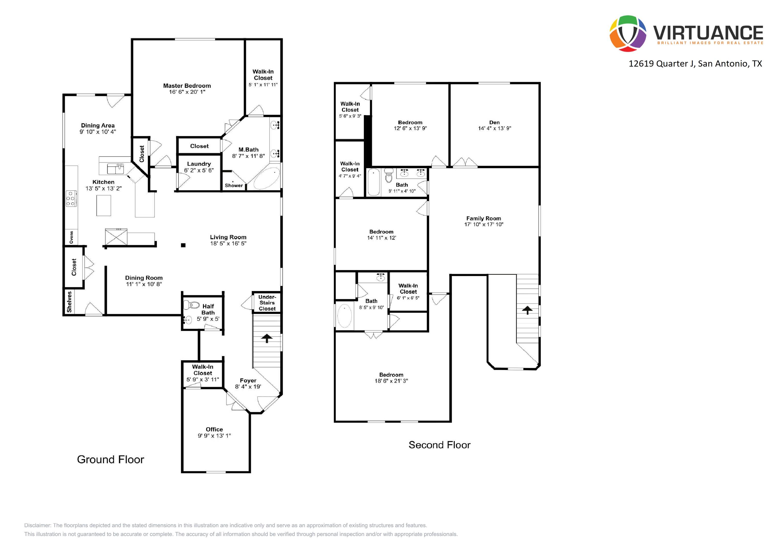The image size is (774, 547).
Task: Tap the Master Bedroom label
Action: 187,86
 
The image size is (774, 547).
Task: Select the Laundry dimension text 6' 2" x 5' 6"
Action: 199,170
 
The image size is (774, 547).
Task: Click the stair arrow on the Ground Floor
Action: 267,338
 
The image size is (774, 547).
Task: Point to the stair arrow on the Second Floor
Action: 527,310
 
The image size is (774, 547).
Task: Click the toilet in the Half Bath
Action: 191,305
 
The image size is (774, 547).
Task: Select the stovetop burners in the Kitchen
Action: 71,199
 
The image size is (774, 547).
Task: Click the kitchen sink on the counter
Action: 115,168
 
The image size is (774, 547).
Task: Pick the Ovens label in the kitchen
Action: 71,237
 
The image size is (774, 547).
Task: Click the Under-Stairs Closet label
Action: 267,303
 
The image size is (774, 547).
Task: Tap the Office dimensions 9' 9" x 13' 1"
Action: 214,435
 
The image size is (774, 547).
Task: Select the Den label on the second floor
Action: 494,122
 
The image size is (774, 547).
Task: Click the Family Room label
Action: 483,218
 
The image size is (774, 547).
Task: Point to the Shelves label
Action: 69,302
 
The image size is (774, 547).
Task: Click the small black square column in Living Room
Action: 183,245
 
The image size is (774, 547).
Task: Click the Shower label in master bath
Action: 233,185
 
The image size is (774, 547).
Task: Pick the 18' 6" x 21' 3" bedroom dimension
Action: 391,381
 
